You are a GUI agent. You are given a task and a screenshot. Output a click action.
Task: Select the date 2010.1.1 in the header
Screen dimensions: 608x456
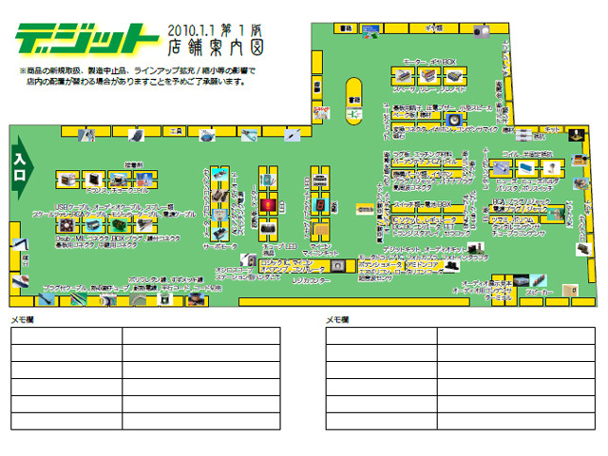pyautogui.click(x=196, y=28)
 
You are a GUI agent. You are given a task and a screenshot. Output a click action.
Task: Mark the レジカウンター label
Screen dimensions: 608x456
pyautogui.click(x=310, y=281)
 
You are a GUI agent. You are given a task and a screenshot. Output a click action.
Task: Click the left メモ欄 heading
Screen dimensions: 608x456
pyautogui.click(x=21, y=320)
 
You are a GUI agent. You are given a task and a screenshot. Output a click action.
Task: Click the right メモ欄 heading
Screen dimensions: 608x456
pyautogui.click(x=337, y=320)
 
